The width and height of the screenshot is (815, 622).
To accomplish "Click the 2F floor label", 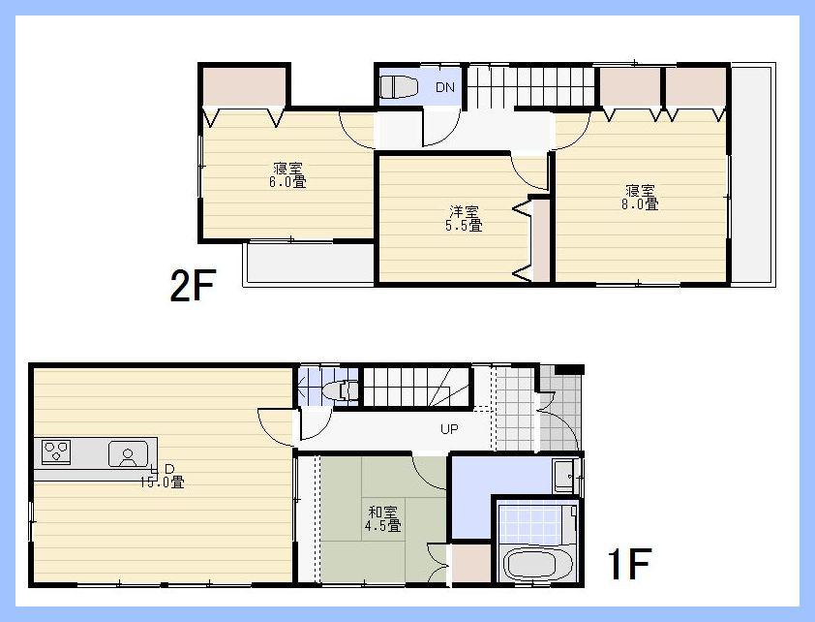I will click(x=192, y=286).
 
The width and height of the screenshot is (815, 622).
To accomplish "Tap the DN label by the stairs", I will click(x=444, y=88).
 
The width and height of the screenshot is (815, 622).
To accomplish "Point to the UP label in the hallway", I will click(x=450, y=429).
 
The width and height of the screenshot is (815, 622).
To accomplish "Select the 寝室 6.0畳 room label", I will click(x=287, y=173).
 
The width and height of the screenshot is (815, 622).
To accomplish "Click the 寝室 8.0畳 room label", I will click(x=641, y=197).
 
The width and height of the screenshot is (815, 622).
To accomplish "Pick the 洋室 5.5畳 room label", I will click(x=463, y=218).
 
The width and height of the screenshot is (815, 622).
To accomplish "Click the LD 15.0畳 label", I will click(x=162, y=476).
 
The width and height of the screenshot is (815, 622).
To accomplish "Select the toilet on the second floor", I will click(x=395, y=87).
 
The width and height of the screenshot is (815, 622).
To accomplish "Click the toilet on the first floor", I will click(x=341, y=390).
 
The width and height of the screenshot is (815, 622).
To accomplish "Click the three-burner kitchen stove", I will click(x=56, y=451).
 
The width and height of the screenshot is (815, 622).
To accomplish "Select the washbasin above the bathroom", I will click(x=564, y=476).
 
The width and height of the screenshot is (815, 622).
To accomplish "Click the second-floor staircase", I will click(x=528, y=86).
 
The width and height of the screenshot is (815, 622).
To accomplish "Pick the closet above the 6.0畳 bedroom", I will click(x=244, y=86).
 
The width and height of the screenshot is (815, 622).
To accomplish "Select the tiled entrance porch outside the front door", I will click(x=561, y=407).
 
